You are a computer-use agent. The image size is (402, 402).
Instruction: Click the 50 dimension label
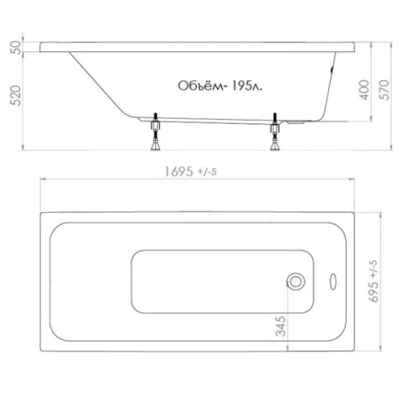click(16, 47)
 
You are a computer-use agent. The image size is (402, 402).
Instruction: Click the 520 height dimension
click(16, 96)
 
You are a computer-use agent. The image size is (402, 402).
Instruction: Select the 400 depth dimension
click(364, 90)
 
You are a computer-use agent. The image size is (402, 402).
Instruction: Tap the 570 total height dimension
click(384, 90)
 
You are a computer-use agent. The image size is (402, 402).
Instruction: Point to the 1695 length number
click(178, 171)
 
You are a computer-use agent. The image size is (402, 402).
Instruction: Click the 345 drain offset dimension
click(281, 326)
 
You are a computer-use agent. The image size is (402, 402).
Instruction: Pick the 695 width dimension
click(374, 292)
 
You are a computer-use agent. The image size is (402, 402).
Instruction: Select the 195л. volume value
click(247, 86)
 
